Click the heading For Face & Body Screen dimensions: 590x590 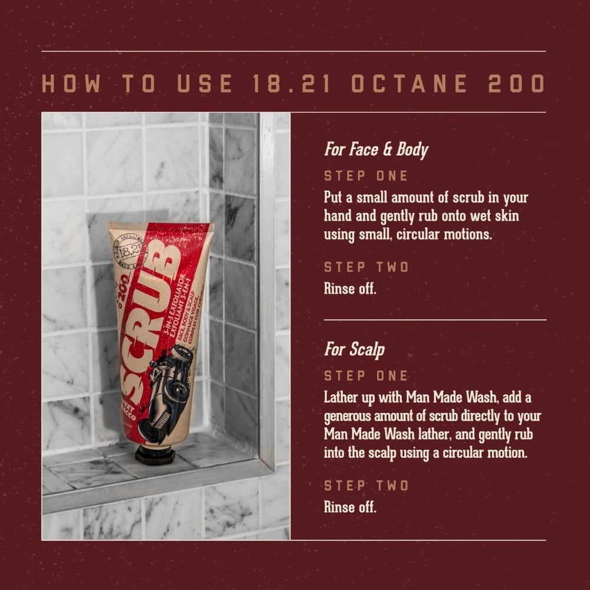tap(376, 150)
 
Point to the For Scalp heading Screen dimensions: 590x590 tap(354, 349)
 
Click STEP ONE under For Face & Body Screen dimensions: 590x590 tap(366, 176)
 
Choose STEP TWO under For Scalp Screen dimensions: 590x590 tap(366, 486)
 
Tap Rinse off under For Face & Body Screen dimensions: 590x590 tap(350, 290)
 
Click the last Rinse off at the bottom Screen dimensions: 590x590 tap(350, 507)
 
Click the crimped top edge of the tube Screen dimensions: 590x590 tap(159, 225)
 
